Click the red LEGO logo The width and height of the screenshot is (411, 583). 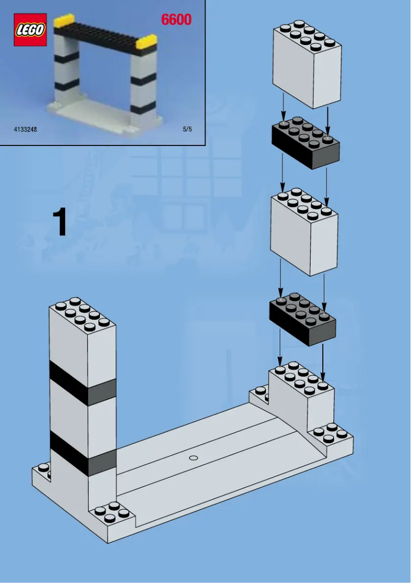click(x=30, y=30)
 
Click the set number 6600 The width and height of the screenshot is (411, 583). click(x=176, y=20)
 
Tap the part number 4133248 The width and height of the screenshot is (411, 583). click(x=25, y=130)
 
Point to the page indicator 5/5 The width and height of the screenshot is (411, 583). click(x=187, y=130)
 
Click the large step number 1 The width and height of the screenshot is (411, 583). click(x=60, y=223)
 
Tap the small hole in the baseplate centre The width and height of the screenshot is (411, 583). click(x=193, y=457)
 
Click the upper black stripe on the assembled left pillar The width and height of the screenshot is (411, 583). click(x=82, y=384)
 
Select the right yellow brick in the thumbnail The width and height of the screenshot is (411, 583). click(x=147, y=41)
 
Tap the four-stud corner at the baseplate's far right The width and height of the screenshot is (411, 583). click(x=335, y=433)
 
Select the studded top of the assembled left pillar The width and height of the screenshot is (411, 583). click(x=82, y=314)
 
